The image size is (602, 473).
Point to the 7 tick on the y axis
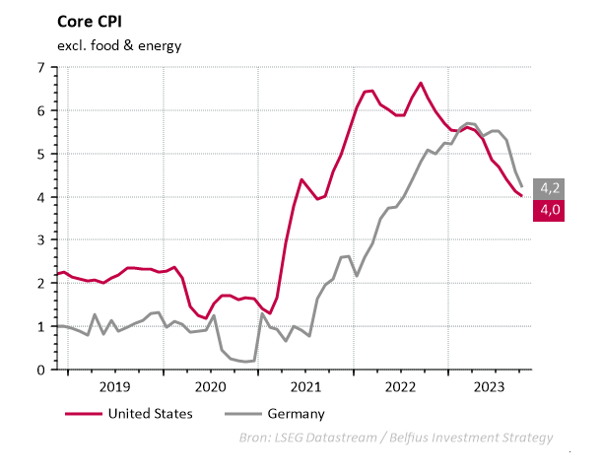click(x=41, y=68)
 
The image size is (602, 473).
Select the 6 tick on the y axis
click(x=41, y=111)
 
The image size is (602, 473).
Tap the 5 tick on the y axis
click(x=41, y=154)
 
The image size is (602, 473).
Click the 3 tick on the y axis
click(x=41, y=240)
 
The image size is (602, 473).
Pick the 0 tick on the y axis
click(x=41, y=370)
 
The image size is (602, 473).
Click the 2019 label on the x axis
click(x=114, y=387)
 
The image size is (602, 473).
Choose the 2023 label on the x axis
click(x=494, y=387)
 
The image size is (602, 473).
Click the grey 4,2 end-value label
click(x=548, y=187)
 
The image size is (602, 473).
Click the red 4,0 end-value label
click(x=548, y=209)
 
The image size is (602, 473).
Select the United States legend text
click(x=150, y=414)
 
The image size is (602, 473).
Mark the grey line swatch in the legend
click(x=242, y=414)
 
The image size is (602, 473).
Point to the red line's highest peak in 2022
click(x=421, y=83)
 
